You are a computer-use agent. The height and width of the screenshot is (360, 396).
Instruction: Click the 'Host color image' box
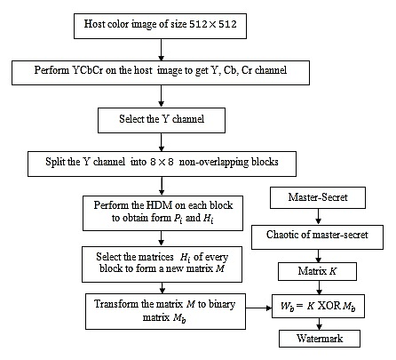[x=160, y=26]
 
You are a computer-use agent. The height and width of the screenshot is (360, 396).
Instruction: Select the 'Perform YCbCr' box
[x=161, y=73]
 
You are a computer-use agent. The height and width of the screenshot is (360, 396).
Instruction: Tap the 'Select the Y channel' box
[x=162, y=120]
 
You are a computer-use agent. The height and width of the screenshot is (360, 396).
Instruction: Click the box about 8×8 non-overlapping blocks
[x=162, y=164]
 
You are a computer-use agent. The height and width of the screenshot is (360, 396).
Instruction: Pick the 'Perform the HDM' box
[x=162, y=213]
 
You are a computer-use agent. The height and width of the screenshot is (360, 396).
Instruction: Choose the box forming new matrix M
[x=162, y=264]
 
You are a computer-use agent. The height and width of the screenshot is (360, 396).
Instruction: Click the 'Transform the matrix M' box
[x=165, y=311]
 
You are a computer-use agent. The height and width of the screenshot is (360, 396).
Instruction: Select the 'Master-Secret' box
[x=318, y=197]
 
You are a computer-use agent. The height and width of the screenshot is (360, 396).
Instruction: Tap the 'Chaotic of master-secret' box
[x=317, y=237]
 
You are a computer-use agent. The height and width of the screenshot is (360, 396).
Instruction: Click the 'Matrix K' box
[x=317, y=272]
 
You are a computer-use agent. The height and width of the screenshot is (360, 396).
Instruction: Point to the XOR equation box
[x=318, y=307]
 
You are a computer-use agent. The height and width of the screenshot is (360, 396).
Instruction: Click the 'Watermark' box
[x=320, y=339]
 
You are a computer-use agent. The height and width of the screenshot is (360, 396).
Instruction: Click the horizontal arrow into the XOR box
[x=259, y=308]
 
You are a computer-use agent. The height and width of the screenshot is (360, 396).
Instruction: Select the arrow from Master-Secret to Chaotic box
[x=318, y=217]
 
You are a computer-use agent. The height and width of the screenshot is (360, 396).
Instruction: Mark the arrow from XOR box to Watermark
[x=319, y=324]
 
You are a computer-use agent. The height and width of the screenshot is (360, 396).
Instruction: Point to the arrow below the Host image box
[x=161, y=50]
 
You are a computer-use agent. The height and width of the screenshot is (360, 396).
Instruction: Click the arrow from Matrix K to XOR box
[x=319, y=287]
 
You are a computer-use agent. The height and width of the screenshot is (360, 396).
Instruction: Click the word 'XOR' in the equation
[x=329, y=306]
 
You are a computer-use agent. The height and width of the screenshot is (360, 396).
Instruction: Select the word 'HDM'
[x=159, y=205]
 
